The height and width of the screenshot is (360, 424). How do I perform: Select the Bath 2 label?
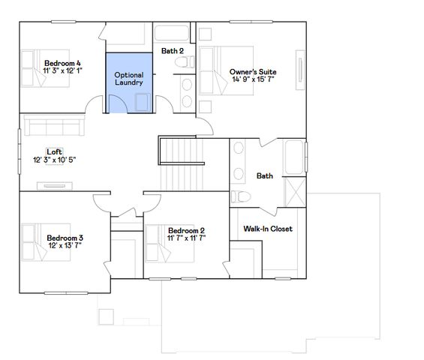(x=173, y=51)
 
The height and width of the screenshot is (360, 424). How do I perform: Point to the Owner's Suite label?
(x=252, y=72)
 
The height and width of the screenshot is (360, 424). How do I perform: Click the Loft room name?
(x=54, y=151)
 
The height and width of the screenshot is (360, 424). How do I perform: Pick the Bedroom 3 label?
(x=64, y=238)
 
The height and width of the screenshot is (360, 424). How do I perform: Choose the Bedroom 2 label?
(x=186, y=230)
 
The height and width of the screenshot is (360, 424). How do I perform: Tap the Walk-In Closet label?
(x=268, y=229)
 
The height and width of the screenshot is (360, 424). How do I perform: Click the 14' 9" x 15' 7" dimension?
(x=253, y=79)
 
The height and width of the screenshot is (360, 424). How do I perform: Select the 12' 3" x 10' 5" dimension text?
(x=55, y=160)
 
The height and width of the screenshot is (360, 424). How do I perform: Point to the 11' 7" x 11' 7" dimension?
(x=186, y=238)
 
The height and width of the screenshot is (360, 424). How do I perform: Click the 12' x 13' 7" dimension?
(x=65, y=245)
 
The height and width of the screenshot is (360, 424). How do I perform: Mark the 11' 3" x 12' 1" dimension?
(x=62, y=70)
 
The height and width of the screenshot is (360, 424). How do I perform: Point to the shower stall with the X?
(x=296, y=193)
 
